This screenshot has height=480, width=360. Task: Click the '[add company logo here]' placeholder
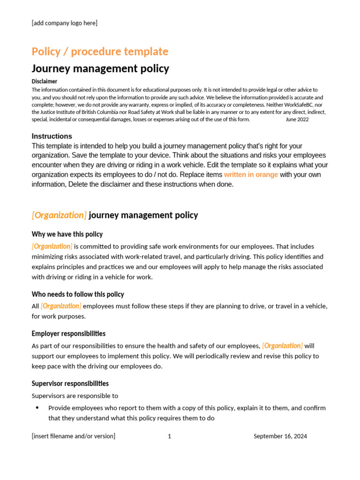65,23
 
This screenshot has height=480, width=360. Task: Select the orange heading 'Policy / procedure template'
100,52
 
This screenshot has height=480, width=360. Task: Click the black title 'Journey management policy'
100,69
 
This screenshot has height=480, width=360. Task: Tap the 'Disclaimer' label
45,82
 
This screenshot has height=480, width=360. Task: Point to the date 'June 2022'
297,120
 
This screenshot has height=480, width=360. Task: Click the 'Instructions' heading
52,136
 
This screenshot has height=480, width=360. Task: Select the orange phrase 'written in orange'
251,175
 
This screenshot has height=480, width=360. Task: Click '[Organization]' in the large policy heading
59,215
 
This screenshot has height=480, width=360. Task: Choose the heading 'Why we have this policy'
67,234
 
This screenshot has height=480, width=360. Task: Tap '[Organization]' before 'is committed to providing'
52,247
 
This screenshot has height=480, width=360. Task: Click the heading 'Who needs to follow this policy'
78,294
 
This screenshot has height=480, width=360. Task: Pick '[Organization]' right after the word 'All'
61,306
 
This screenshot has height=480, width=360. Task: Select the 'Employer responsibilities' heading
68,334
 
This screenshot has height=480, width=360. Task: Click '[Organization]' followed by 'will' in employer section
282,346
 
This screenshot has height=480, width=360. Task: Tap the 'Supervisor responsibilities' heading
70,383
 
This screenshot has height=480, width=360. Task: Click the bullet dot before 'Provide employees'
37,408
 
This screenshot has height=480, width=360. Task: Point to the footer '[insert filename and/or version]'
74,436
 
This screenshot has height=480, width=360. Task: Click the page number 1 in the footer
169,436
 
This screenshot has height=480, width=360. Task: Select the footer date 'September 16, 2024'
280,436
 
